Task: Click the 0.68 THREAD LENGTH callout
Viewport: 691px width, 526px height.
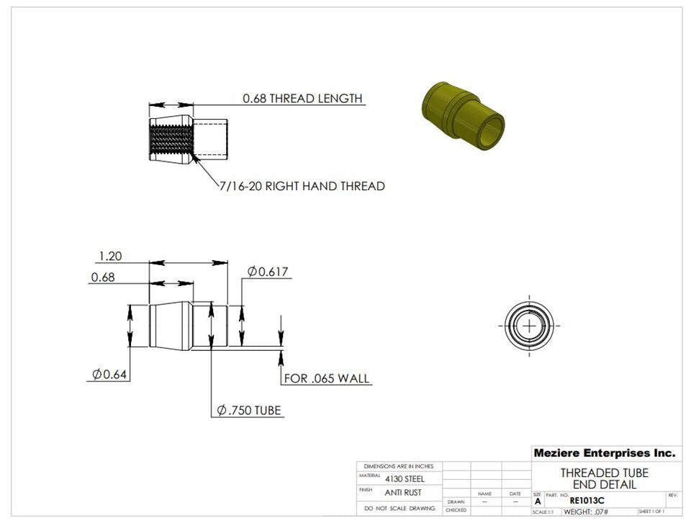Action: (302, 98)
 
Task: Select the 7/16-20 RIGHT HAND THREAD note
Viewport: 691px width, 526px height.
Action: (302, 186)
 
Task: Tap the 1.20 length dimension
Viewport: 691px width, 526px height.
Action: (110, 256)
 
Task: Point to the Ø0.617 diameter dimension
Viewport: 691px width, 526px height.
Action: (268, 272)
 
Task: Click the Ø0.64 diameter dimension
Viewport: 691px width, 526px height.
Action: (110, 374)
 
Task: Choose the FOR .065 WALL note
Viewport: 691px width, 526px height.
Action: (327, 378)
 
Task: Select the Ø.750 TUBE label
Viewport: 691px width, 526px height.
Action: (249, 411)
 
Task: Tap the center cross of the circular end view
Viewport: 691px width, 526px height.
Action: (530, 326)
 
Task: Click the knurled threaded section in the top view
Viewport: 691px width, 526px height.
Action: (171, 139)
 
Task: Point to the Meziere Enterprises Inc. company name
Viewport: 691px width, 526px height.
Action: (604, 453)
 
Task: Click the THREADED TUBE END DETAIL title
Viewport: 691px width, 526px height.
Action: (604, 478)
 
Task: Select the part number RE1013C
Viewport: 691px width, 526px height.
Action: (587, 500)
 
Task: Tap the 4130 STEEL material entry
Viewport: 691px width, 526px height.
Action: (405, 478)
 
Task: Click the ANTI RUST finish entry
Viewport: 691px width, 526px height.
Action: (403, 493)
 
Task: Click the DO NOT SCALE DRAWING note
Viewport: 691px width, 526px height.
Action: (399, 508)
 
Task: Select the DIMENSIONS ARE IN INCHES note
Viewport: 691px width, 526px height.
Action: (399, 466)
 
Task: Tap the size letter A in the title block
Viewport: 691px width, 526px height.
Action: (538, 501)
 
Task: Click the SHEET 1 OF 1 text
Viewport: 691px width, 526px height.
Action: (651, 512)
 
